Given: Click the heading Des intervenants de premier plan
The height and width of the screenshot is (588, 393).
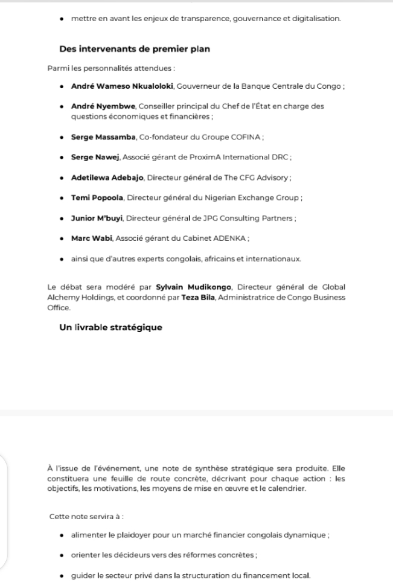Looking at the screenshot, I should [134, 49].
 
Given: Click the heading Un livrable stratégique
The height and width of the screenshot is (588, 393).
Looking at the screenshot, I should [110, 327].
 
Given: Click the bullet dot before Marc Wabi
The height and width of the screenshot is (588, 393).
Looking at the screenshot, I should [63, 238].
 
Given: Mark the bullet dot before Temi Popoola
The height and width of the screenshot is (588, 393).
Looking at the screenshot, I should [63, 198].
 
